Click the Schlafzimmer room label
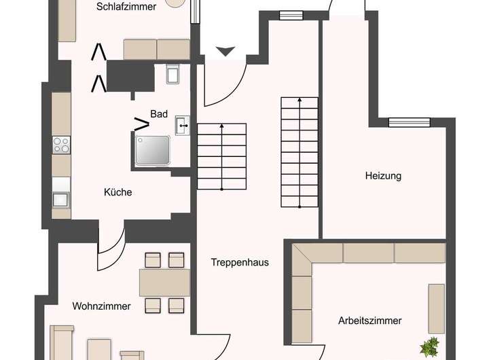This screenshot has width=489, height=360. tap(126, 7)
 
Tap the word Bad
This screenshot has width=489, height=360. tap(159, 114)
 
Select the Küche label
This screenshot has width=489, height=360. tap(118, 192)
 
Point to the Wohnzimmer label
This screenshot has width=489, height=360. tap(101, 306)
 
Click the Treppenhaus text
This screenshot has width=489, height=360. tap(240, 262)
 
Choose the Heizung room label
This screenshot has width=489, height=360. tap(383, 176)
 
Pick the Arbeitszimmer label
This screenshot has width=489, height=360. tap(369, 321)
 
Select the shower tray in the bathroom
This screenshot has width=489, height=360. tap(153, 149)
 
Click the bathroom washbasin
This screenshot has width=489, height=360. tap(182, 124)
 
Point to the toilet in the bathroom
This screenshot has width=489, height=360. tap(172, 73)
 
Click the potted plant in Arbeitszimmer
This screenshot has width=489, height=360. tap(429, 347)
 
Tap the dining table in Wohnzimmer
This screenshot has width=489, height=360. tap(164, 282)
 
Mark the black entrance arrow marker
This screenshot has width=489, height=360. tap(225, 51)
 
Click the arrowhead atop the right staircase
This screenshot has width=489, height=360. tap(299, 100)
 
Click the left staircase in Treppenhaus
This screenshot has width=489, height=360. tap(221, 156)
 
